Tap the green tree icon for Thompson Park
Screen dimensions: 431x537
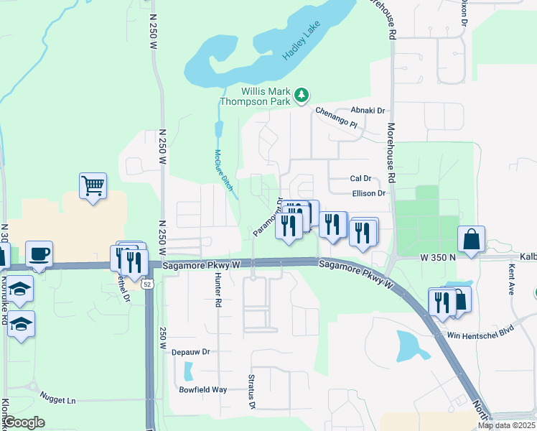(x=302, y=95)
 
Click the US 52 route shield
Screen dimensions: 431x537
(x=147, y=284)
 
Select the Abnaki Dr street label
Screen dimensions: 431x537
(x=369, y=111)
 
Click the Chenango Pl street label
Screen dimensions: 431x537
(x=336, y=117)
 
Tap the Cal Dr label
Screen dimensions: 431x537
(x=360, y=178)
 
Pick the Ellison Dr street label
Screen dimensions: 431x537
(x=369, y=193)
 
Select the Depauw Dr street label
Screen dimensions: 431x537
(x=190, y=352)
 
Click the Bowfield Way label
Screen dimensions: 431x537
(x=203, y=389)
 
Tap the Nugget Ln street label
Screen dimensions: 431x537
(x=59, y=399)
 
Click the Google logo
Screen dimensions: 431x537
(x=24, y=422)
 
